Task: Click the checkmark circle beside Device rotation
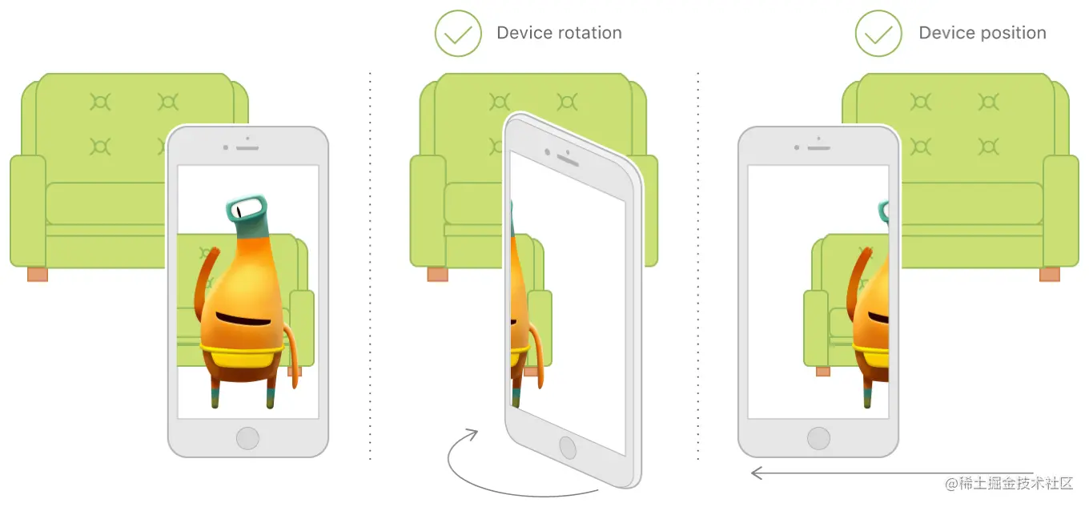tap(458, 34)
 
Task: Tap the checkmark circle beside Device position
tap(878, 34)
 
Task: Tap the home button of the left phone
tap(247, 438)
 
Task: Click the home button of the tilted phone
tap(568, 447)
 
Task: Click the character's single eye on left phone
tap(239, 211)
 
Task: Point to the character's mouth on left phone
tap(243, 319)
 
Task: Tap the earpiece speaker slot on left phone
tap(247, 147)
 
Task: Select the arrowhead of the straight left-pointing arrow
tap(756, 473)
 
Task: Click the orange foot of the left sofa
tap(38, 274)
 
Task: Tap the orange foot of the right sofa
tap(1049, 274)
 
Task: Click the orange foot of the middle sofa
tap(437, 274)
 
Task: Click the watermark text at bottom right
tap(1009, 483)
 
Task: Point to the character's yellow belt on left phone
tap(242, 355)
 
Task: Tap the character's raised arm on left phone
tap(205, 281)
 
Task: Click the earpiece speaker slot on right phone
tap(818, 147)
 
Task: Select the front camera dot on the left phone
tap(226, 147)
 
